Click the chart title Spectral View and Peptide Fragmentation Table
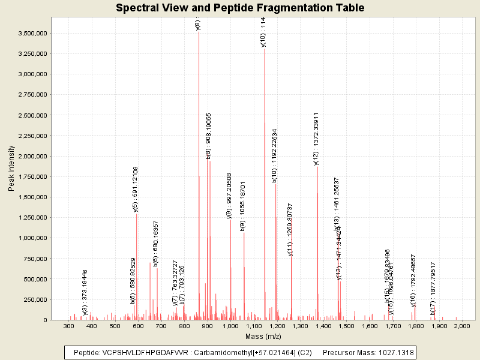pos(240,8)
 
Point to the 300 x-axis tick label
pos(69,326)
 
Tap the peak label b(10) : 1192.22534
pos(274,155)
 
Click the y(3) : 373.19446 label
pos(85,292)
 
